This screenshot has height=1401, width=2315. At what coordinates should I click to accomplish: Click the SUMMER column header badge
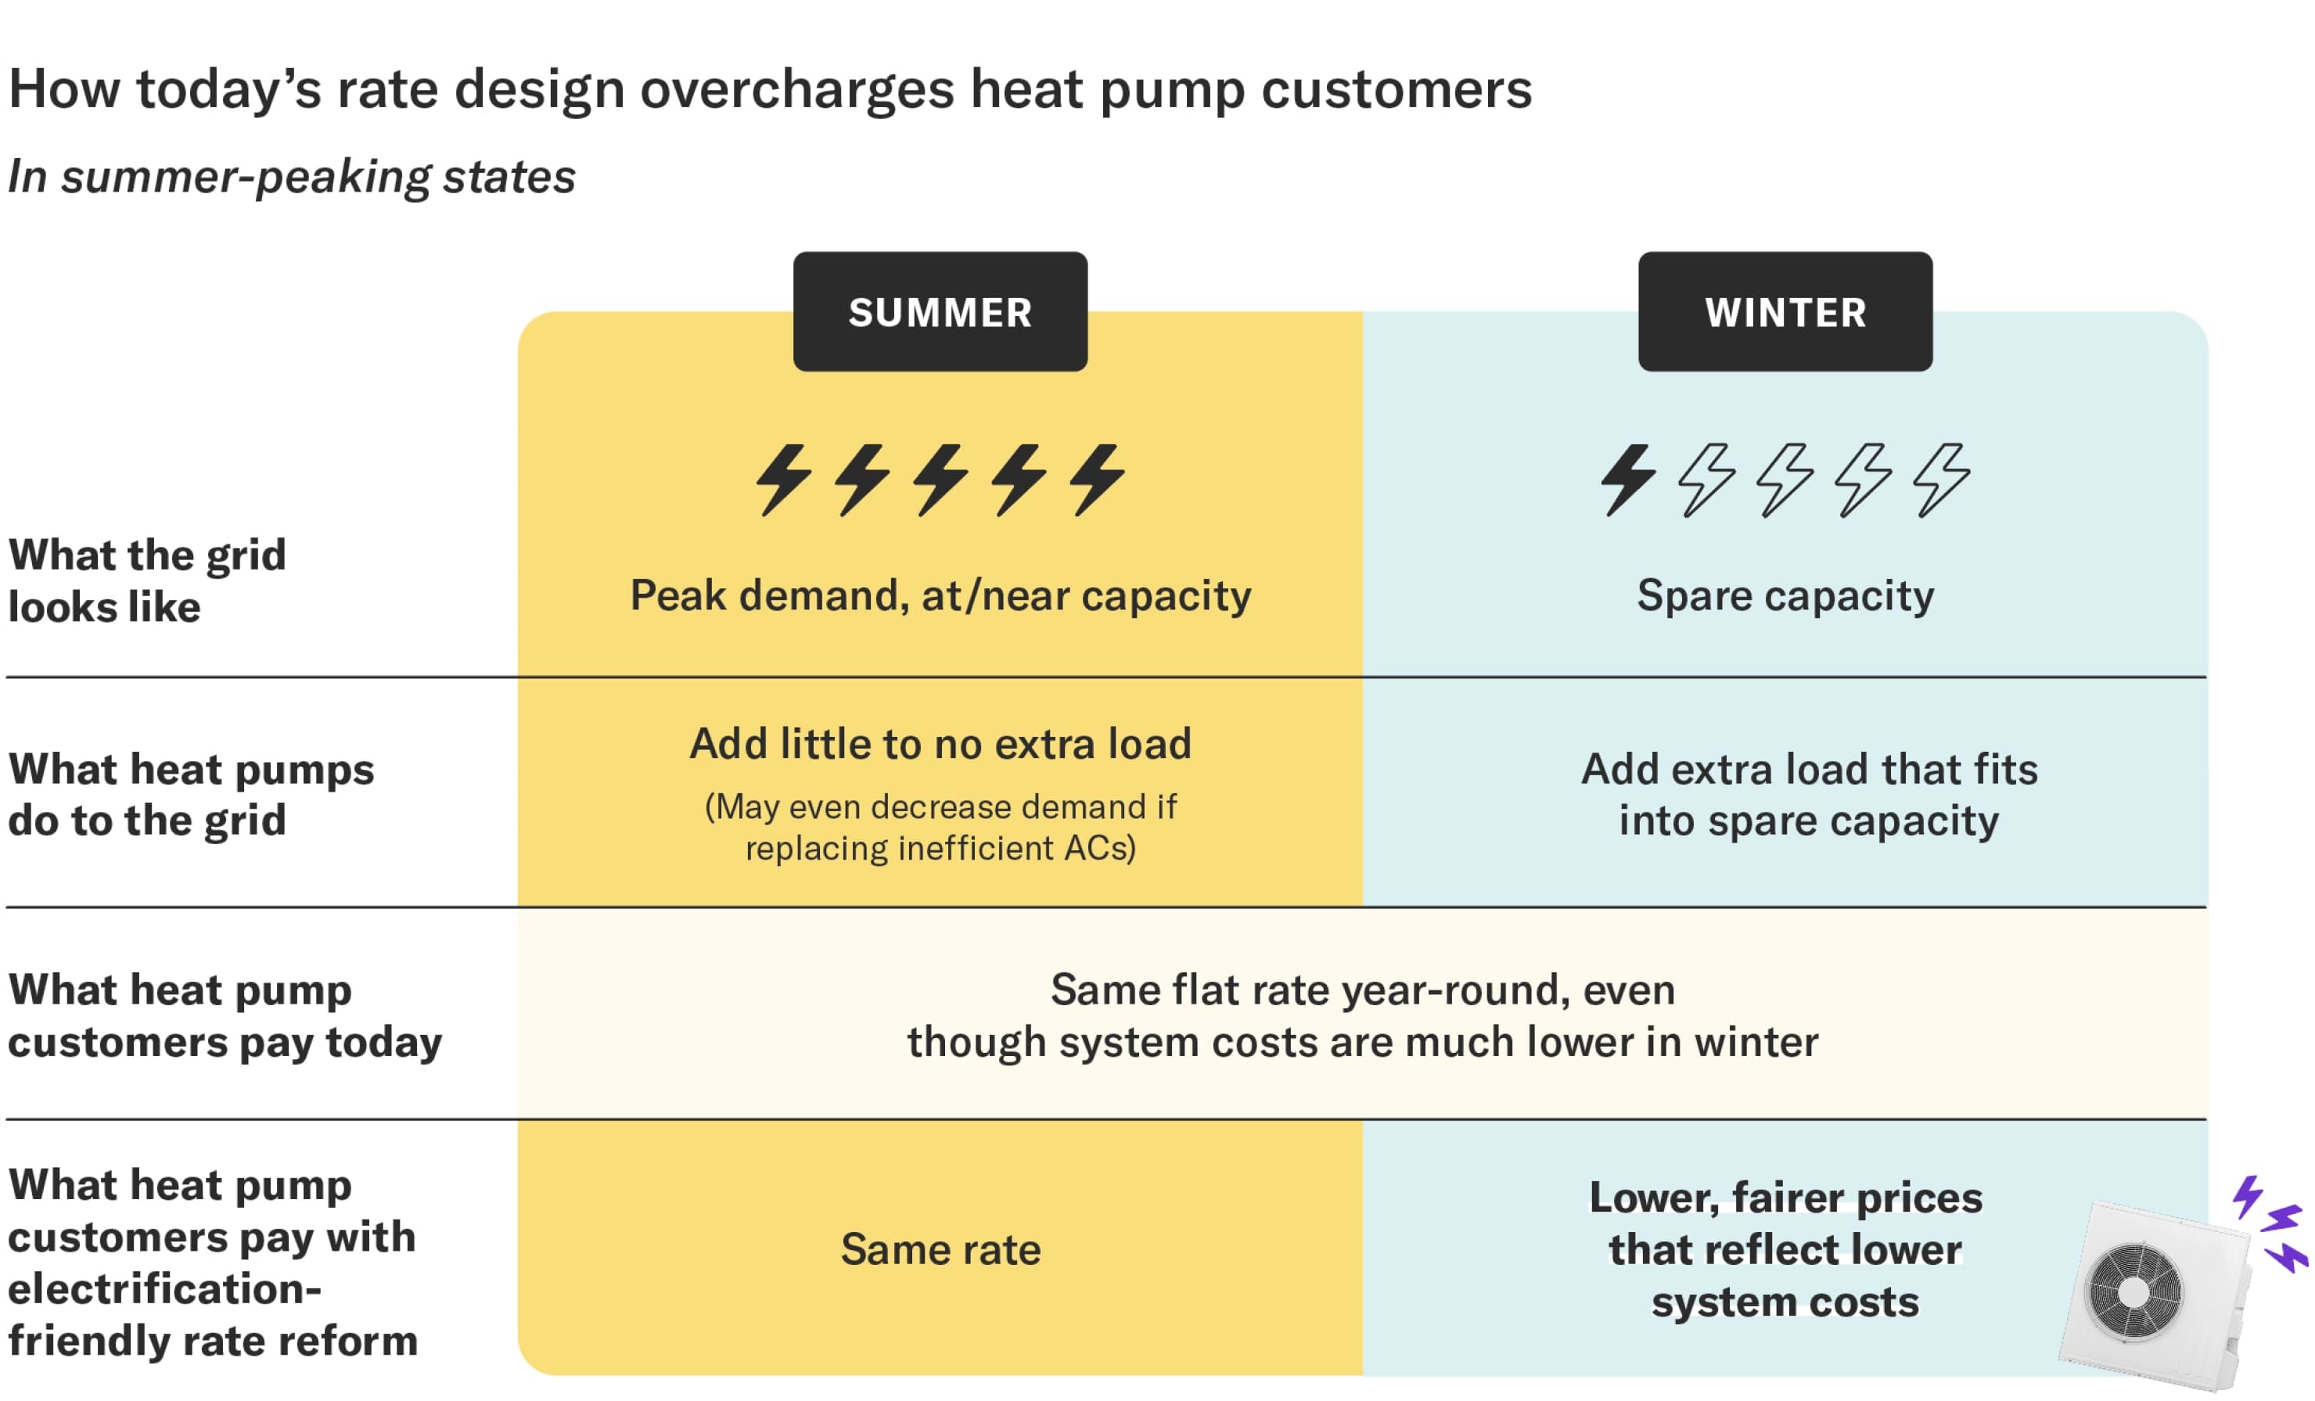coord(940,311)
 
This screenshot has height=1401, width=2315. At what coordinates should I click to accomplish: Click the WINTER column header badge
coord(1785,311)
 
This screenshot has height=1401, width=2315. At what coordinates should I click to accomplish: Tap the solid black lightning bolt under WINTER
coord(1628,480)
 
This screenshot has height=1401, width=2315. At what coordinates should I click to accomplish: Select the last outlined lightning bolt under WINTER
coord(1941,480)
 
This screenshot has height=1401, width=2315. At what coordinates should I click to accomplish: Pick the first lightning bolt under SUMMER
coord(784,480)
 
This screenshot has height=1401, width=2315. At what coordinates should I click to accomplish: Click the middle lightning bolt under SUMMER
coord(940,480)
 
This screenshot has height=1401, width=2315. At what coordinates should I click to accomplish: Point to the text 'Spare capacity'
coord(1785,596)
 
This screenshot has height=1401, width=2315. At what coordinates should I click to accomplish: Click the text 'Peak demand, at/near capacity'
coord(940,596)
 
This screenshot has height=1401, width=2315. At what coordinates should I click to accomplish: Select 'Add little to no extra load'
coord(940,743)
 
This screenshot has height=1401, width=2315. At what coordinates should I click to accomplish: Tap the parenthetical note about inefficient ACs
coord(940,827)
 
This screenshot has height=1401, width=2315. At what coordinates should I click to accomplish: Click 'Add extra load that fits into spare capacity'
coord(1809,795)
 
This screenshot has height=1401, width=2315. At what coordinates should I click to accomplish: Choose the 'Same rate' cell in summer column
coord(940,1248)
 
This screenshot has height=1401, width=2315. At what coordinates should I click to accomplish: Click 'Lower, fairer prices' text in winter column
coord(1785,1197)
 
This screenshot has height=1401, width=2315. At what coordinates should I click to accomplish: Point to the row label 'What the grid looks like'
coord(148,580)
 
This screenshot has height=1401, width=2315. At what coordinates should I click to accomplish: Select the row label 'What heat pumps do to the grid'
coord(191,795)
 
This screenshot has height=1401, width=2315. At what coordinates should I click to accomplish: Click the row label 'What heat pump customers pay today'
coord(225,1016)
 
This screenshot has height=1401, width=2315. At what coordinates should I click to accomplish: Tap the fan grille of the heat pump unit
coord(2133,1291)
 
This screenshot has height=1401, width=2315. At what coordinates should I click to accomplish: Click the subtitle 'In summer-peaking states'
coord(291,177)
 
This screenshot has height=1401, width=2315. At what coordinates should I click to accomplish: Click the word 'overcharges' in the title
coord(798,89)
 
